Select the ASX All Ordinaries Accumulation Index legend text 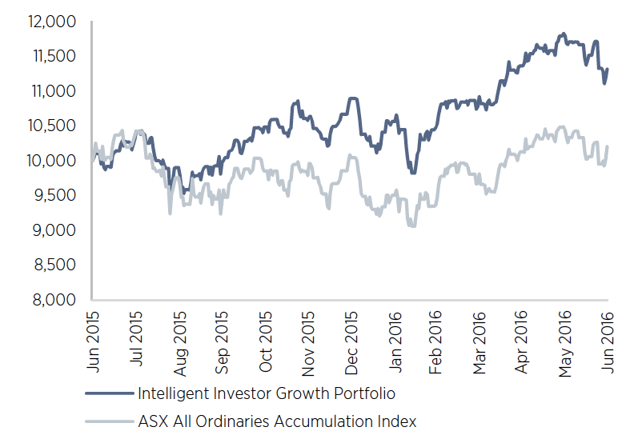click(x=277, y=420)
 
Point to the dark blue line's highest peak click(x=564, y=34)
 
